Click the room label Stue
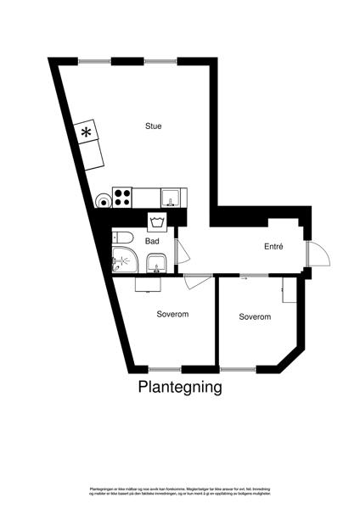click(x=153, y=126)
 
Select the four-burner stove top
click(x=121, y=197)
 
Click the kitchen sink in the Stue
click(x=172, y=197)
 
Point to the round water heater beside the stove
click(x=102, y=200)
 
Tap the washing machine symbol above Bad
click(x=155, y=222)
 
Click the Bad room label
click(x=153, y=241)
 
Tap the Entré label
click(x=272, y=246)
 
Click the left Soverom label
click(x=172, y=314)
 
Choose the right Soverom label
click(x=255, y=316)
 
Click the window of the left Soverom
click(x=166, y=369)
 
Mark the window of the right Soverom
click(x=238, y=369)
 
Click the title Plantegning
click(x=180, y=388)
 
